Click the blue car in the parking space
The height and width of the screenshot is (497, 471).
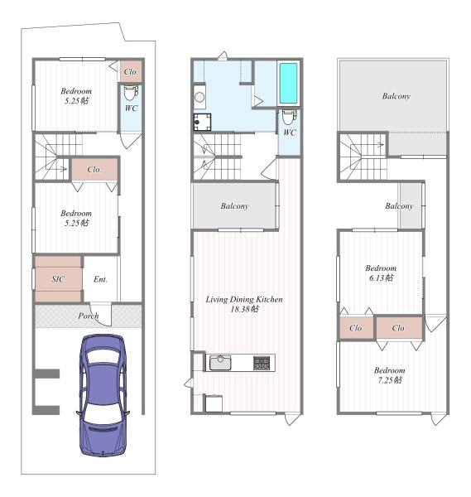(103, 396)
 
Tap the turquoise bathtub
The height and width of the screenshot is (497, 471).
(289, 83)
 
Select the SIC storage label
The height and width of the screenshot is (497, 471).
(58, 279)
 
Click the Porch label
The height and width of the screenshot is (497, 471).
(89, 316)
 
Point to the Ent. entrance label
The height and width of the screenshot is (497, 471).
(100, 279)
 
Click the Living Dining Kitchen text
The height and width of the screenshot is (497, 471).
(244, 299)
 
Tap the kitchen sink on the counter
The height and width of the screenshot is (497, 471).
(220, 363)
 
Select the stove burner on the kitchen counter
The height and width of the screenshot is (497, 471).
(262, 363)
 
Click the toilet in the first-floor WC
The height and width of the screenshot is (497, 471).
(131, 92)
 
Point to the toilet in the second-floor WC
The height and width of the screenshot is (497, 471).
(289, 117)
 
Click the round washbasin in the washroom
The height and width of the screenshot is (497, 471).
(199, 97)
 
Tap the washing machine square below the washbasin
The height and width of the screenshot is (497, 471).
(203, 122)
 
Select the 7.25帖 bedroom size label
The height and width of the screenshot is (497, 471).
(390, 379)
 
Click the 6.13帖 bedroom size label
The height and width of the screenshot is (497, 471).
(381, 277)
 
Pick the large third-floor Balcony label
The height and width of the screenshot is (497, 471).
(397, 96)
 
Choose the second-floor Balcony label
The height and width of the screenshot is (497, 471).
(234, 206)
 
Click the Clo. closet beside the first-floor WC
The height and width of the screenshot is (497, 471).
(131, 71)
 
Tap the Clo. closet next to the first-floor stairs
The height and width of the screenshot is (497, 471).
(94, 170)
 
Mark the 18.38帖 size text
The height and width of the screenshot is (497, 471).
(244, 309)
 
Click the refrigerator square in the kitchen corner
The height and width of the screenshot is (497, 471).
(214, 403)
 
